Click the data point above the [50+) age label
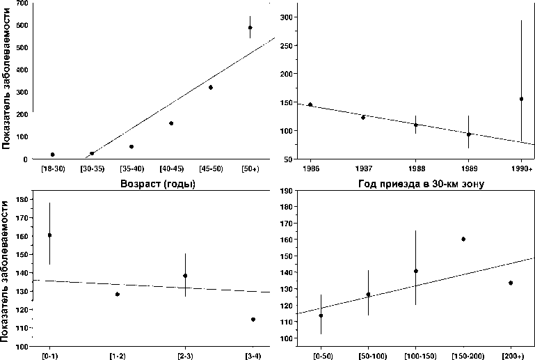tap(250, 28)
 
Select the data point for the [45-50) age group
tap(210, 87)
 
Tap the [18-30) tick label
tap(52, 169)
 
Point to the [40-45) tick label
tap(170, 169)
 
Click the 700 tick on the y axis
tap(21, 3)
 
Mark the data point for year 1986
tap(310, 104)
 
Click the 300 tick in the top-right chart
tap(285, 17)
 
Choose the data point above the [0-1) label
tap(50, 235)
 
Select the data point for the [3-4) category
tap(253, 320)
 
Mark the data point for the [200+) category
tap(511, 283)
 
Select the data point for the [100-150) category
tap(416, 271)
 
